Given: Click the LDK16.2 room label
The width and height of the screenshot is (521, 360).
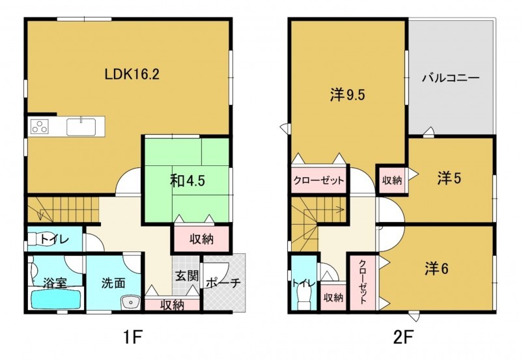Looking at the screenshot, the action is [132, 74].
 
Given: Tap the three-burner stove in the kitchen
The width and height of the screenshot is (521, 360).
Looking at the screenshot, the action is [40, 126].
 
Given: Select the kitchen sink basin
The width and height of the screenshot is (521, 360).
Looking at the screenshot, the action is [81, 127].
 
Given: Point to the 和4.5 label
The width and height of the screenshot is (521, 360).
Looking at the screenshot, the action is [188, 181].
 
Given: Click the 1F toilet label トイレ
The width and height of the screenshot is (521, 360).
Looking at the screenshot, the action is [55, 239].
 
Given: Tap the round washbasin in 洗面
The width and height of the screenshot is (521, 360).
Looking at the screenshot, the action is [130, 302].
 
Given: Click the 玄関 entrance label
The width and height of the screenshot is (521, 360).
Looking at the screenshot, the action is [187, 275].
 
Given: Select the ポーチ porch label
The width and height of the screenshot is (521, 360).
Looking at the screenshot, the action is [223, 283].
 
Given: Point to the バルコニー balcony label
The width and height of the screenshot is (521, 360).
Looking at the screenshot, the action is [451, 78].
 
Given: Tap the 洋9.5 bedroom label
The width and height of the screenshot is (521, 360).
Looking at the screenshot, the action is [348, 95].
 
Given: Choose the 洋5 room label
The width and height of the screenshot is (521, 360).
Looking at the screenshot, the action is [449, 178].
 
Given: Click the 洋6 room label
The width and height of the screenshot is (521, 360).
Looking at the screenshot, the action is [436, 269].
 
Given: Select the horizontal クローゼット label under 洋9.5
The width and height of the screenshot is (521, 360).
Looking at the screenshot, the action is [318, 181].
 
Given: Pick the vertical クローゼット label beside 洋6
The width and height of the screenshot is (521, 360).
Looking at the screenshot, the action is [363, 282].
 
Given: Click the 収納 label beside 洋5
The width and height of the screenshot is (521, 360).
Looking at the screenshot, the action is [392, 180].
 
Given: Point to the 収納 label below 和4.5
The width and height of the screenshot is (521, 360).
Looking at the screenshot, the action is [201, 239].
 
